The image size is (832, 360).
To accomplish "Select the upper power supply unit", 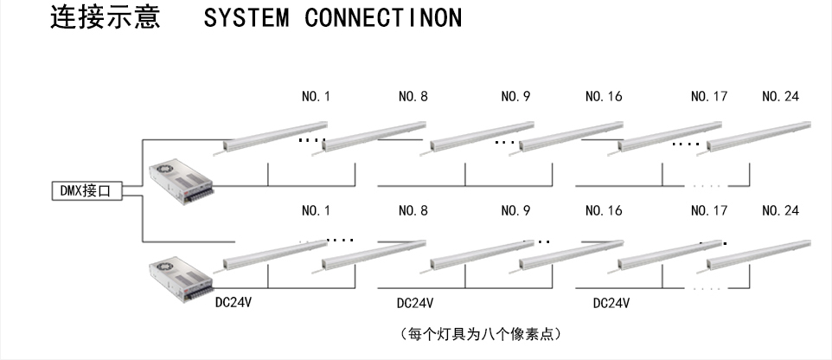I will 180,180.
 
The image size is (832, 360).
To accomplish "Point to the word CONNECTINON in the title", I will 383,18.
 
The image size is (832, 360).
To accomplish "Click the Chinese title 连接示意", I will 105,18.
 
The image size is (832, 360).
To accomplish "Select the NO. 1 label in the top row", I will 316,97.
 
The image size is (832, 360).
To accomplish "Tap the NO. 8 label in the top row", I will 413,97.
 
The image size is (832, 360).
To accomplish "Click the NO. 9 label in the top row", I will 515,97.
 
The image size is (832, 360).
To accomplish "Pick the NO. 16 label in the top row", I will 604,97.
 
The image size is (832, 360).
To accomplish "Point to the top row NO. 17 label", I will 708,97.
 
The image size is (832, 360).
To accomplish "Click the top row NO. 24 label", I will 780,97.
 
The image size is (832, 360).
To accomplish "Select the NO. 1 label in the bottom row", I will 316,210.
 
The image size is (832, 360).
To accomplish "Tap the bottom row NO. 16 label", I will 604,210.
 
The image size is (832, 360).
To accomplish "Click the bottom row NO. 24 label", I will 780,210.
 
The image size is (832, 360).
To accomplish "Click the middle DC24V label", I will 414,304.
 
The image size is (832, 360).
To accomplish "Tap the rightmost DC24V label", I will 611,304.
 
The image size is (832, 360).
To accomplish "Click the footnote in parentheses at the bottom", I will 483,333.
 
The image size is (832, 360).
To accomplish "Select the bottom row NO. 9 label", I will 515,210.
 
